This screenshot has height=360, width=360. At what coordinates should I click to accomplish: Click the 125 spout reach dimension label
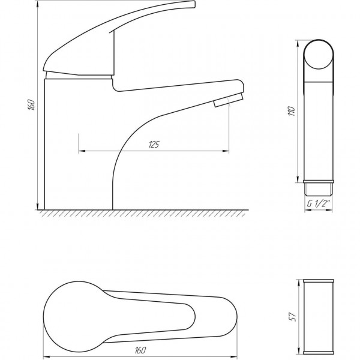coord(154,145)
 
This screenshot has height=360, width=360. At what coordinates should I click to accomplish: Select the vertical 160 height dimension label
coord(31,105)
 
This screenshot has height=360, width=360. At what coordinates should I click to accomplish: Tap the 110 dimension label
coord(292,111)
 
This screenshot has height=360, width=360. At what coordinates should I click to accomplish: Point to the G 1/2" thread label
coord(319,203)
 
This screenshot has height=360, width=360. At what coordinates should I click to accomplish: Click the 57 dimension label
coord(293,317)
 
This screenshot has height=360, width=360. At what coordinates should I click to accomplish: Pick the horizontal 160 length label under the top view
coord(140,350)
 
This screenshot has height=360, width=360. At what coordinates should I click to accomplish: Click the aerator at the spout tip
coord(228,100)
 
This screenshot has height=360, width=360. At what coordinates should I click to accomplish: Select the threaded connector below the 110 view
coord(319,188)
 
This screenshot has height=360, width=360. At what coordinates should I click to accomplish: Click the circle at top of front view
coord(318,55)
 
